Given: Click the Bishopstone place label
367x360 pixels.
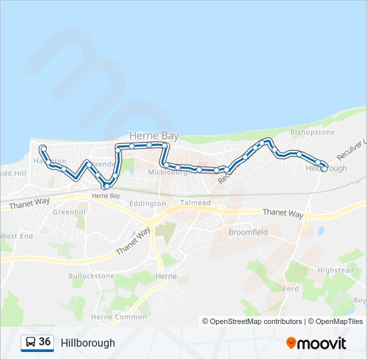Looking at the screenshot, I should click(312, 132).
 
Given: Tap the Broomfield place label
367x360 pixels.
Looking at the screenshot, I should click(248, 233).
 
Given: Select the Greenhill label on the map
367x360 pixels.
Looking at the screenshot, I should click(69, 212).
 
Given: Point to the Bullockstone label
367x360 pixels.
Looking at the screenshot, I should click(93, 275).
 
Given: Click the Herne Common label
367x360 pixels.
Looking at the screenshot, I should click(119, 317).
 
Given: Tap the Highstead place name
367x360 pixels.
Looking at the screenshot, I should click(336, 270).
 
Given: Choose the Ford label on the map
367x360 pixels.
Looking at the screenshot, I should click(291, 289).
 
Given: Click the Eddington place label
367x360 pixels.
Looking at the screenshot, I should click(147, 203).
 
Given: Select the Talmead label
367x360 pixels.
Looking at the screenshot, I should click(195, 203).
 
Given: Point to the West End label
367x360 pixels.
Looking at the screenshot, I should click(17, 236).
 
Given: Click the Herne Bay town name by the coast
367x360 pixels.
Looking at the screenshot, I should click(153, 135).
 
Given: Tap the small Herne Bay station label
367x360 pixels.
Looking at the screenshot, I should click(105, 196).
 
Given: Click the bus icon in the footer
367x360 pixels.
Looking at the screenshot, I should click(30, 343).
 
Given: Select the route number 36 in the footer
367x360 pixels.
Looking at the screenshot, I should click(45, 342).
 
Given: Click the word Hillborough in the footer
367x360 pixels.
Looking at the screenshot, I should click(87, 343).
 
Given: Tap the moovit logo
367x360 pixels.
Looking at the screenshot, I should click(316, 343).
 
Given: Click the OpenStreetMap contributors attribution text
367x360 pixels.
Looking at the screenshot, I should click(252, 321).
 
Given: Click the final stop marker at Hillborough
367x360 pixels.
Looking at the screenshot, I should click(324, 169).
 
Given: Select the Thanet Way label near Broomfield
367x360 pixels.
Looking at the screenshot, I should click(283, 213).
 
